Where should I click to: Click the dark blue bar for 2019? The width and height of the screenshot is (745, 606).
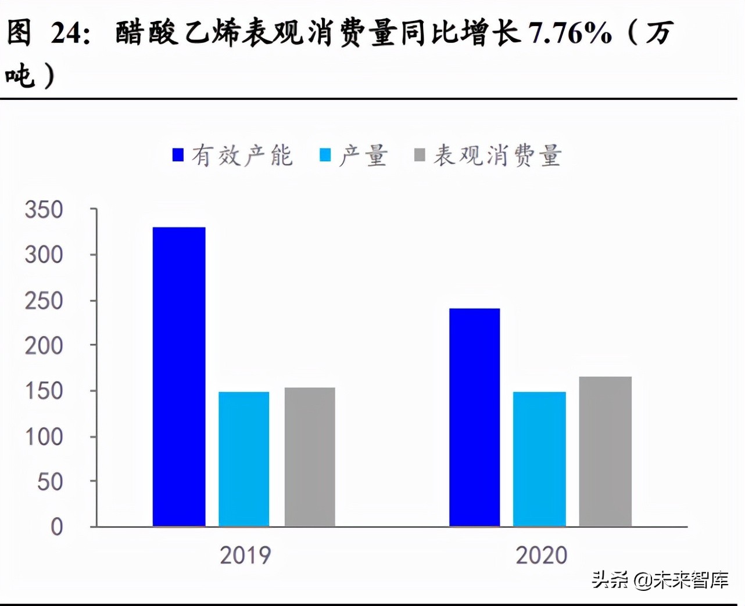[x=179, y=377]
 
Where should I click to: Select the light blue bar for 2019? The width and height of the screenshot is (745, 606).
[x=244, y=459]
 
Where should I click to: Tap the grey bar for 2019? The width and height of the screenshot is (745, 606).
[x=310, y=457]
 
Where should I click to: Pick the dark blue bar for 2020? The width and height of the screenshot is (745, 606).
[x=474, y=417]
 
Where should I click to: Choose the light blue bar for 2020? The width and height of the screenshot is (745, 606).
[x=539, y=459]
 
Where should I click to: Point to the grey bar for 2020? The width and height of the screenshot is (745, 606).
[x=605, y=452]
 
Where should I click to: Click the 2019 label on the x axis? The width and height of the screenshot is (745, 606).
[x=245, y=555]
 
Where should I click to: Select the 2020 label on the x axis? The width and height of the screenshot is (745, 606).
[x=541, y=555]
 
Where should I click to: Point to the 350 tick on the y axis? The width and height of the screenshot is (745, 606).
[x=44, y=210]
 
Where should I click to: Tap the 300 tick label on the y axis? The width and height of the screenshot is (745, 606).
[x=44, y=255]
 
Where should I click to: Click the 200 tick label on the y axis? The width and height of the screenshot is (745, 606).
[x=44, y=346]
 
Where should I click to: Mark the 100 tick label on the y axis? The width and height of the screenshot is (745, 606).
[x=44, y=437]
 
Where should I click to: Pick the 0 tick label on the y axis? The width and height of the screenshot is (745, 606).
[x=56, y=527]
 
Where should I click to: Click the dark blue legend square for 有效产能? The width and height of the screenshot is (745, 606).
[x=178, y=155]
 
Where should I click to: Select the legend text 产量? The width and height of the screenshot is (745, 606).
[x=363, y=156]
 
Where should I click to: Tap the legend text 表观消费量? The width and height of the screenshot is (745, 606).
[x=497, y=156]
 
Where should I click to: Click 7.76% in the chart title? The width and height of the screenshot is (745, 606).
[x=570, y=33]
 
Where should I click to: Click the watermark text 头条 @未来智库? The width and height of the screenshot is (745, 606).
[x=660, y=579]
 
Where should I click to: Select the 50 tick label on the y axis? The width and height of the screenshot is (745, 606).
[x=50, y=482]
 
